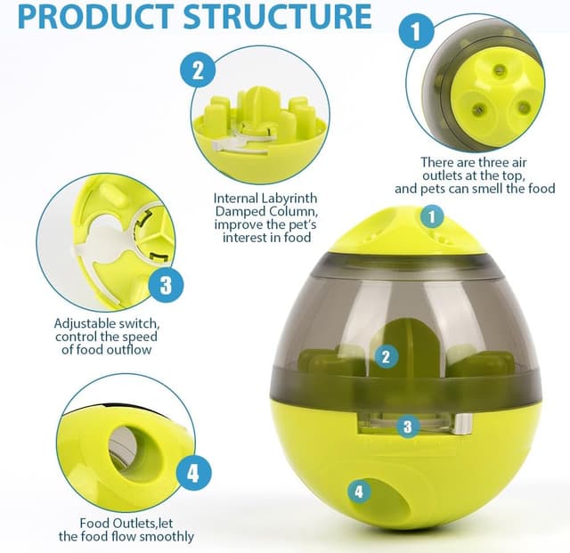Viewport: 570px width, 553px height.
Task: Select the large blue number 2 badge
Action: [198, 69]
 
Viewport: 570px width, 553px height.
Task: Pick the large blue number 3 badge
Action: [166, 286]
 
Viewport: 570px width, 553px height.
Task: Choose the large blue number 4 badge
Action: [193, 473]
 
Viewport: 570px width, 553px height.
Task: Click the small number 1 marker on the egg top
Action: [432, 216]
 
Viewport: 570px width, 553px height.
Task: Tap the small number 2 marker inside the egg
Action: [385, 357]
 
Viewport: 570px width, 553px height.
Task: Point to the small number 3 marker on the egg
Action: [407, 426]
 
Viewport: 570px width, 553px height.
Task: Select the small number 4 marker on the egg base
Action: [359, 491]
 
